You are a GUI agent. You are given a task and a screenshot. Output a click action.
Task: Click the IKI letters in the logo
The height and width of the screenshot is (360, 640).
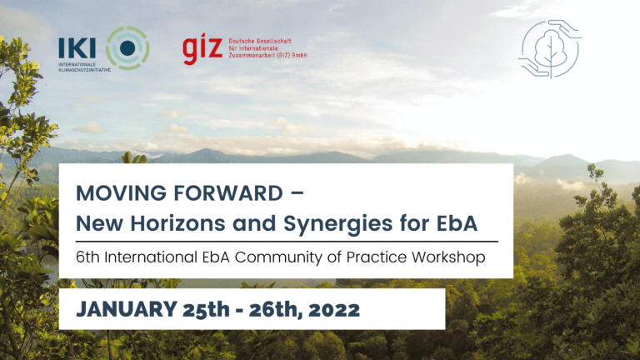click(77, 48)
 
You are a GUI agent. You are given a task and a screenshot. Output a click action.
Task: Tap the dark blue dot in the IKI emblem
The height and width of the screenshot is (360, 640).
click(127, 48)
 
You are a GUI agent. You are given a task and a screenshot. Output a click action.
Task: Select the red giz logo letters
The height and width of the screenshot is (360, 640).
click(202, 48)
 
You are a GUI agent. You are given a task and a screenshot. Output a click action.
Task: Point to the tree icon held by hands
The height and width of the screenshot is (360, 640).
click(550, 49)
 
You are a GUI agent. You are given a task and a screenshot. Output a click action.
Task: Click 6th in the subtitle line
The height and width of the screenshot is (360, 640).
click(87, 257)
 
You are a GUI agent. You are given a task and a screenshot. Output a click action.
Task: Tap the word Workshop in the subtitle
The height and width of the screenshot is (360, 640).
click(448, 257)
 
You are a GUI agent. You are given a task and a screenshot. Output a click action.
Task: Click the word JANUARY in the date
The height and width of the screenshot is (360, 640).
click(127, 309)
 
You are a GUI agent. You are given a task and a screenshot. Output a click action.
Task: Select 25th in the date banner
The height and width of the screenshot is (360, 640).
click(206, 309)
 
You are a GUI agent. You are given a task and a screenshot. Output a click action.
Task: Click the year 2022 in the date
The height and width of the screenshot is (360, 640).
click(334, 310)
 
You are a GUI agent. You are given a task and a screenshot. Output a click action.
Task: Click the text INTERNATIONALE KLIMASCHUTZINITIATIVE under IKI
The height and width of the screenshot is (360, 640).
click(84, 67)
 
